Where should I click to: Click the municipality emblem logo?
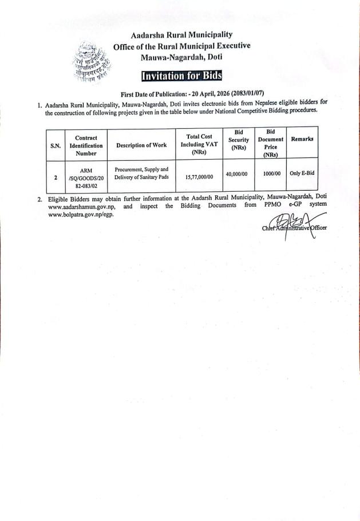coord(90,64)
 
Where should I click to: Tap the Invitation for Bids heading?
coord(180,77)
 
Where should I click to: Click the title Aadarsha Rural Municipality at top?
coord(181,35)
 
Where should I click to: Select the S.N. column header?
coord(56,145)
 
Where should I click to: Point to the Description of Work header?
coord(141,145)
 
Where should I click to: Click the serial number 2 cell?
coord(56,177)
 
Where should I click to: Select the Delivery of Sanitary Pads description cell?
coord(141,173)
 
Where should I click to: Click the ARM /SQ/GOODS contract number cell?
coord(86,177)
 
